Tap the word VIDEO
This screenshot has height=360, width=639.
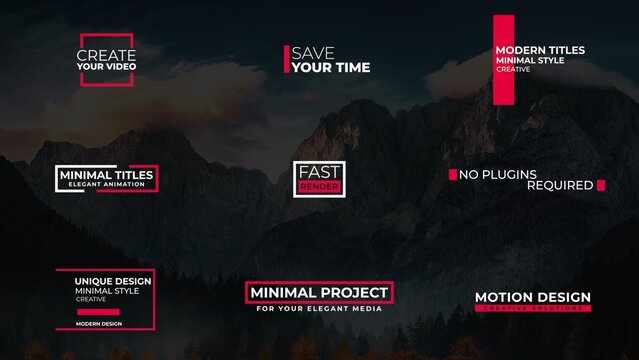pos(120,67)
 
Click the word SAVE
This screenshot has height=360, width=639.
pos(313,53)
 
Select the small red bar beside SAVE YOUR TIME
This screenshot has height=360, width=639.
pos(287,59)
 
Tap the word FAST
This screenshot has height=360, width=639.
pos(319,172)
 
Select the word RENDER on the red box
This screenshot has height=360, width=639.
pos(319,187)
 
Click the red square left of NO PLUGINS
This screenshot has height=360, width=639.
pos(452,175)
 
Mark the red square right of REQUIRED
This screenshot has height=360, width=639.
pos(601,185)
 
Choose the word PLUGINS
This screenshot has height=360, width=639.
pos(510,175)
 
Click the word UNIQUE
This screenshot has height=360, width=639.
pos(91,281)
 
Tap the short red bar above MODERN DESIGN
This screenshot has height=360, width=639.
pos(98,311)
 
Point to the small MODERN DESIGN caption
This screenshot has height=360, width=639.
pos(98,324)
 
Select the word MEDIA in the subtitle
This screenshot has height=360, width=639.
pos(367,309)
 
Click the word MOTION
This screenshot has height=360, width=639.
pos(501,297)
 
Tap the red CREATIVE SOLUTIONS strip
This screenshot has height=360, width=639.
pos(532,308)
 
